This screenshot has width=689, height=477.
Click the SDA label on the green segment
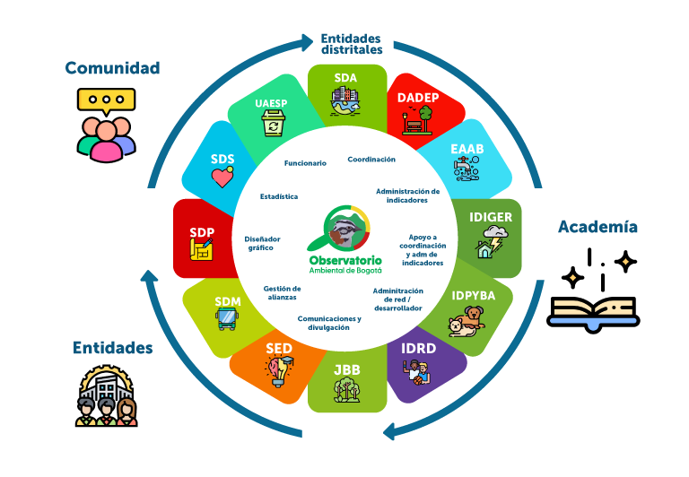(346, 78)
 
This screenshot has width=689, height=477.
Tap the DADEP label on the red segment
(418, 97)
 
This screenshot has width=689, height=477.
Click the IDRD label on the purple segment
(418, 348)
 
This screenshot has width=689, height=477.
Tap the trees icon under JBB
(346, 391)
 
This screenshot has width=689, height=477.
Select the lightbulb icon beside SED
(277, 369)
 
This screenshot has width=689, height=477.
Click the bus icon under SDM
(228, 318)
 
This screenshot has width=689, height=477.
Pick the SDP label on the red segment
(202, 232)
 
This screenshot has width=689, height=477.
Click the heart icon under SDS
(222, 178)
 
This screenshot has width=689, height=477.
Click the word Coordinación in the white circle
(371, 159)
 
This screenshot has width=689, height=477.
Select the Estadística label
(279, 196)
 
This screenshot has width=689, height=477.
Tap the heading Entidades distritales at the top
(351, 44)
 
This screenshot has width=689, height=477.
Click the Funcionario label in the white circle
(305, 163)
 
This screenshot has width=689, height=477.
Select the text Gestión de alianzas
(282, 292)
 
